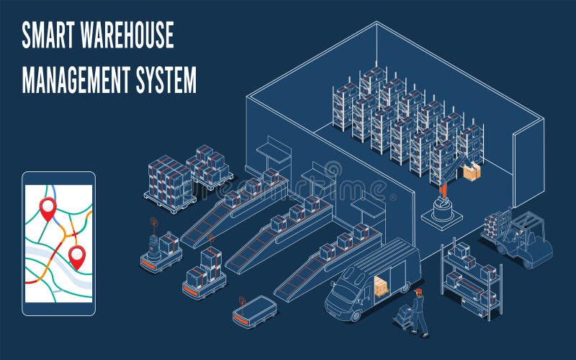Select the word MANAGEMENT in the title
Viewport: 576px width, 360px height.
click(x=74, y=80)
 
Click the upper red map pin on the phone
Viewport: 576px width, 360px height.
click(x=48, y=207)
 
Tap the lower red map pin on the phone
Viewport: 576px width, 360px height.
click(x=76, y=256)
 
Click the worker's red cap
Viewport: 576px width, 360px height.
click(x=418, y=291)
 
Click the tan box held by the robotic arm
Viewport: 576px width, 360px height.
click(x=472, y=172)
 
